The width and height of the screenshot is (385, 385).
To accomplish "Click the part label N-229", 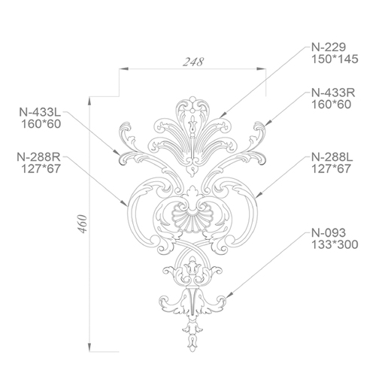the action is [329, 47].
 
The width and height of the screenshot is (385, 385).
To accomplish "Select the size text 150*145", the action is [335, 59].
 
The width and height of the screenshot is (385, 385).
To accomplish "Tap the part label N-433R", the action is [333, 92].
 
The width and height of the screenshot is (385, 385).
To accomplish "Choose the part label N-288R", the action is [39, 157].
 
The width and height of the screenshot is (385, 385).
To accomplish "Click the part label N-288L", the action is [332, 157].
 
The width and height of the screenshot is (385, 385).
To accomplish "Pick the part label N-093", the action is [329, 233].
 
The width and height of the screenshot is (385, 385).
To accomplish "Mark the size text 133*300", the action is [335, 244].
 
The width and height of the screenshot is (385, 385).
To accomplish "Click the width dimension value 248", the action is [193, 62].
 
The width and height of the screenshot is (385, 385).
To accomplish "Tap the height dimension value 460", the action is [83, 224].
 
